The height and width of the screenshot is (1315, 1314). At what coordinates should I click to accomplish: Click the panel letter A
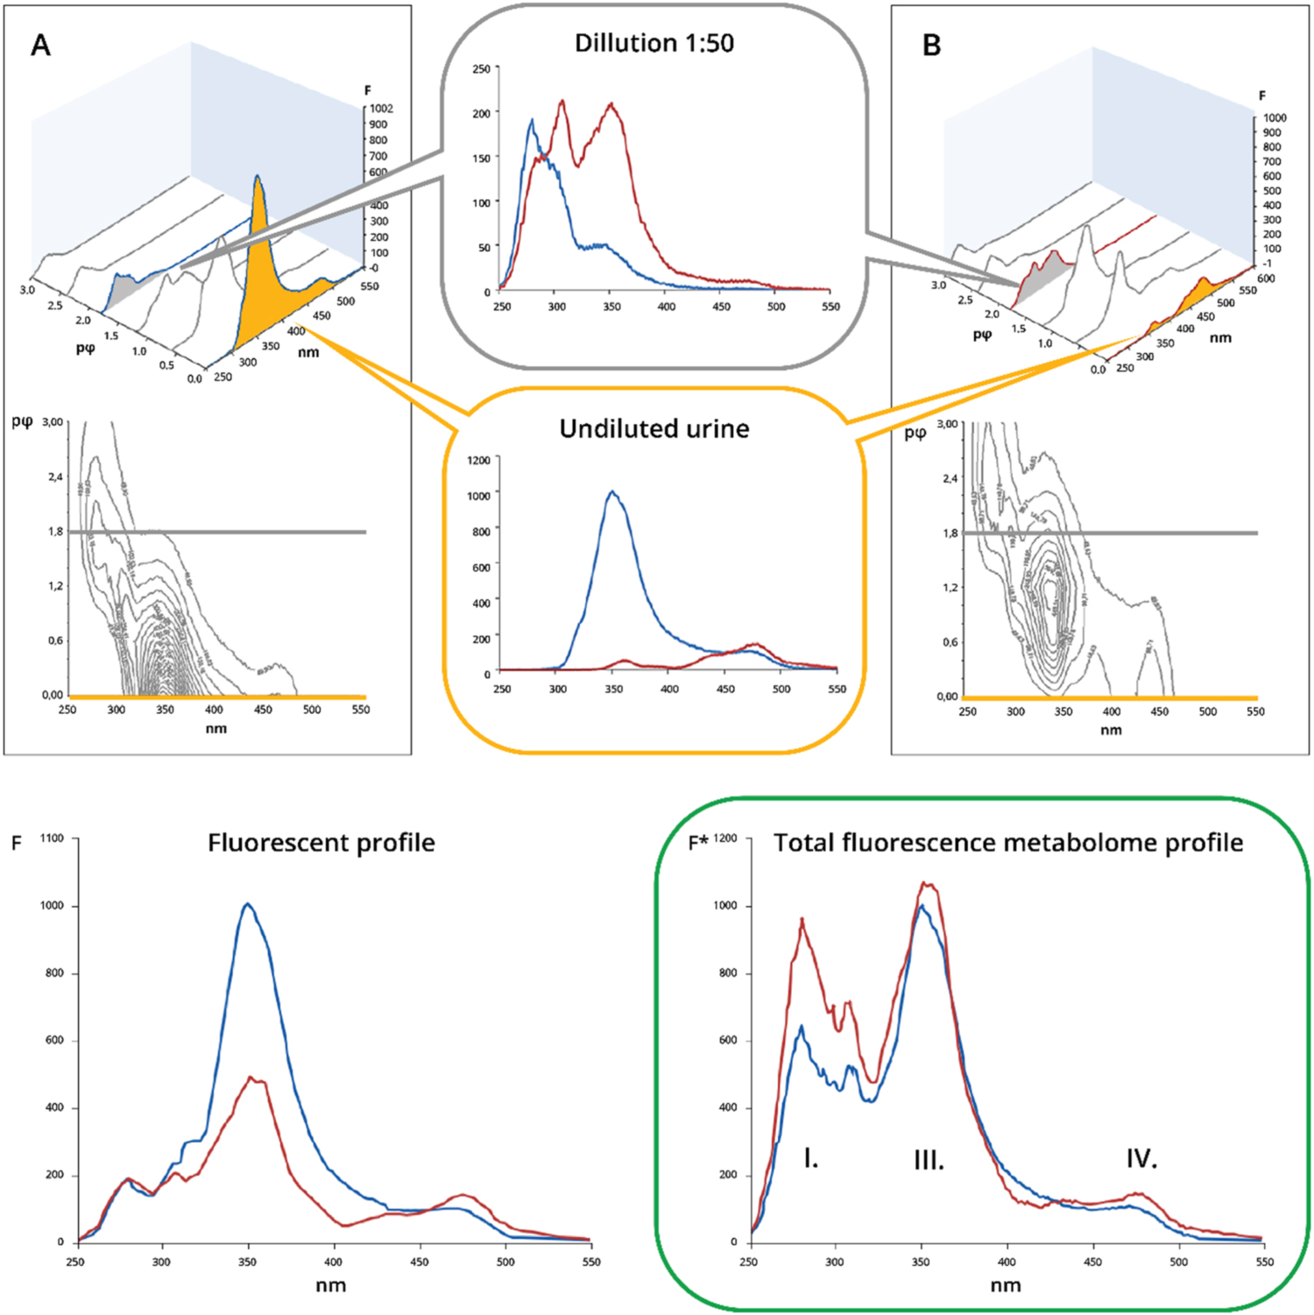40,46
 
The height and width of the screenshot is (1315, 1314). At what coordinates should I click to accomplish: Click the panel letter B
932,46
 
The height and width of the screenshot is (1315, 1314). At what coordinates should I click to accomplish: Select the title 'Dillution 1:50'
653,43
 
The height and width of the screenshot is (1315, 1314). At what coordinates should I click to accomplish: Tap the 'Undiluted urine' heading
653,428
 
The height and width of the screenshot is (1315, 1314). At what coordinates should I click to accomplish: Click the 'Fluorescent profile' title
321,843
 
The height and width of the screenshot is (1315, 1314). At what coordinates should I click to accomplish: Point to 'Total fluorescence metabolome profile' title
1007,843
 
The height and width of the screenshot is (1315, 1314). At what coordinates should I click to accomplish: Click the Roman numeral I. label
810,1158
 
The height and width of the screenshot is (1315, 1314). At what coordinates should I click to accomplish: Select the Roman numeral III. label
929,1161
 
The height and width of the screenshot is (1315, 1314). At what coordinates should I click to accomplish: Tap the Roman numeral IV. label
1141,1158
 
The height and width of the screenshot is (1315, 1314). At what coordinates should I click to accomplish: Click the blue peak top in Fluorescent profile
248,904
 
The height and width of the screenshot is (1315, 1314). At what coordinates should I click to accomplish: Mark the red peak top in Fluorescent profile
251,1078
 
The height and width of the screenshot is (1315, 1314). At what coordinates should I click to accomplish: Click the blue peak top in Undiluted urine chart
612,491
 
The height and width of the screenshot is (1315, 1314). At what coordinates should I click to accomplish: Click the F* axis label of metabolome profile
698,843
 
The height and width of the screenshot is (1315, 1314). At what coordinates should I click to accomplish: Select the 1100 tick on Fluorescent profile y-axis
53,838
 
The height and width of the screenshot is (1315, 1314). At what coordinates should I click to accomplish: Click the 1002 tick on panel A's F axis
381,109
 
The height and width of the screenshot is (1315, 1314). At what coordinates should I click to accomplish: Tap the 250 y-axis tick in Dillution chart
481,69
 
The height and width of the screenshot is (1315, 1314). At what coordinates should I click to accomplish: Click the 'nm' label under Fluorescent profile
330,1285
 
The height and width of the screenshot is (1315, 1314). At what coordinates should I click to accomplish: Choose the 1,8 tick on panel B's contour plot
950,533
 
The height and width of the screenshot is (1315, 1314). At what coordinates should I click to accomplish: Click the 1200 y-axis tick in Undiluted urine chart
478,460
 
